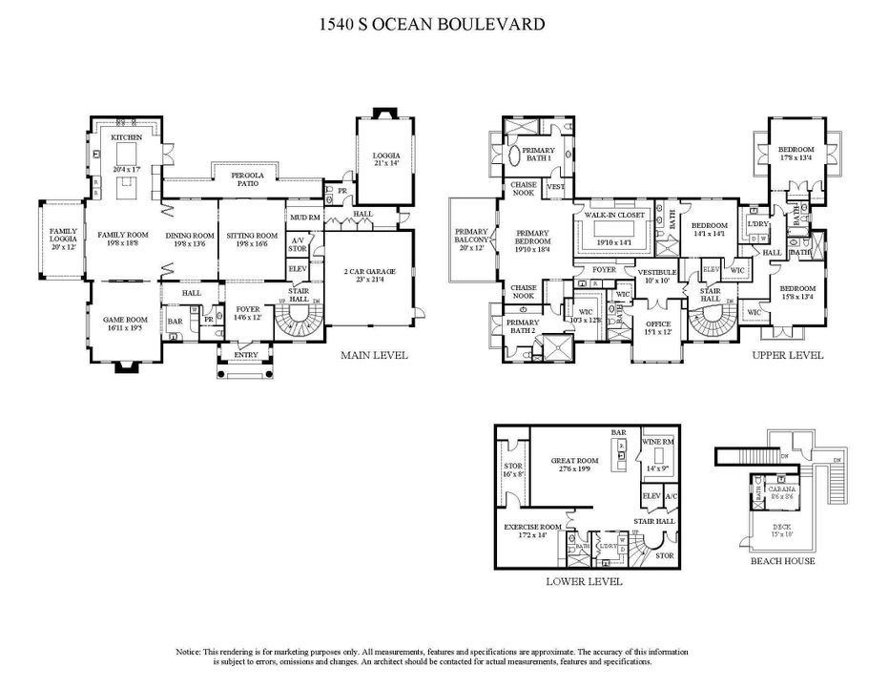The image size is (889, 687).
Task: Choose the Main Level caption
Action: click(374, 356)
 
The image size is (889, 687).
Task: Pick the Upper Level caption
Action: click(787, 356)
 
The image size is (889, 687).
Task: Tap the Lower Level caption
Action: click(584, 581)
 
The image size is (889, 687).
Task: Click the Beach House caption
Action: click(782, 561)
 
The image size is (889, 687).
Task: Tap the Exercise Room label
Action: click(533, 526)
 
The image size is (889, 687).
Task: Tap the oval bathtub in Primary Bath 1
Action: click(513, 156)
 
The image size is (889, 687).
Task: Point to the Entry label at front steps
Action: click(246, 355)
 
